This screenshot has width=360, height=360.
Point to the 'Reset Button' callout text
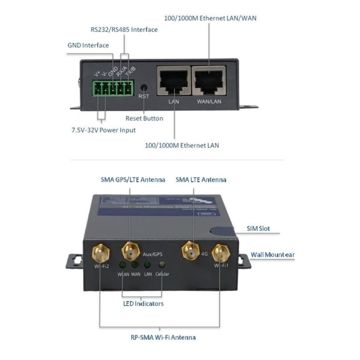click(x=144, y=118)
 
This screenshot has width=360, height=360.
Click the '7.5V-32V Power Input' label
click(x=103, y=130)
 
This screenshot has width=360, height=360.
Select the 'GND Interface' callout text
click(x=88, y=45)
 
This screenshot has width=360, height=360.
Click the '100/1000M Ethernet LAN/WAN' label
click(x=209, y=18)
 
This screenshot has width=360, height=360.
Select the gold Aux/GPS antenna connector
click(x=130, y=251)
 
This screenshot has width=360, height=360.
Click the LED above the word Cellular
click(x=162, y=265)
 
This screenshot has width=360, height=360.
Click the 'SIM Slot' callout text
click(x=258, y=229)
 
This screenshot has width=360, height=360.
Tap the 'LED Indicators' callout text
click(x=143, y=304)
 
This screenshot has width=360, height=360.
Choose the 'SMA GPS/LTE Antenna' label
click(x=133, y=180)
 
